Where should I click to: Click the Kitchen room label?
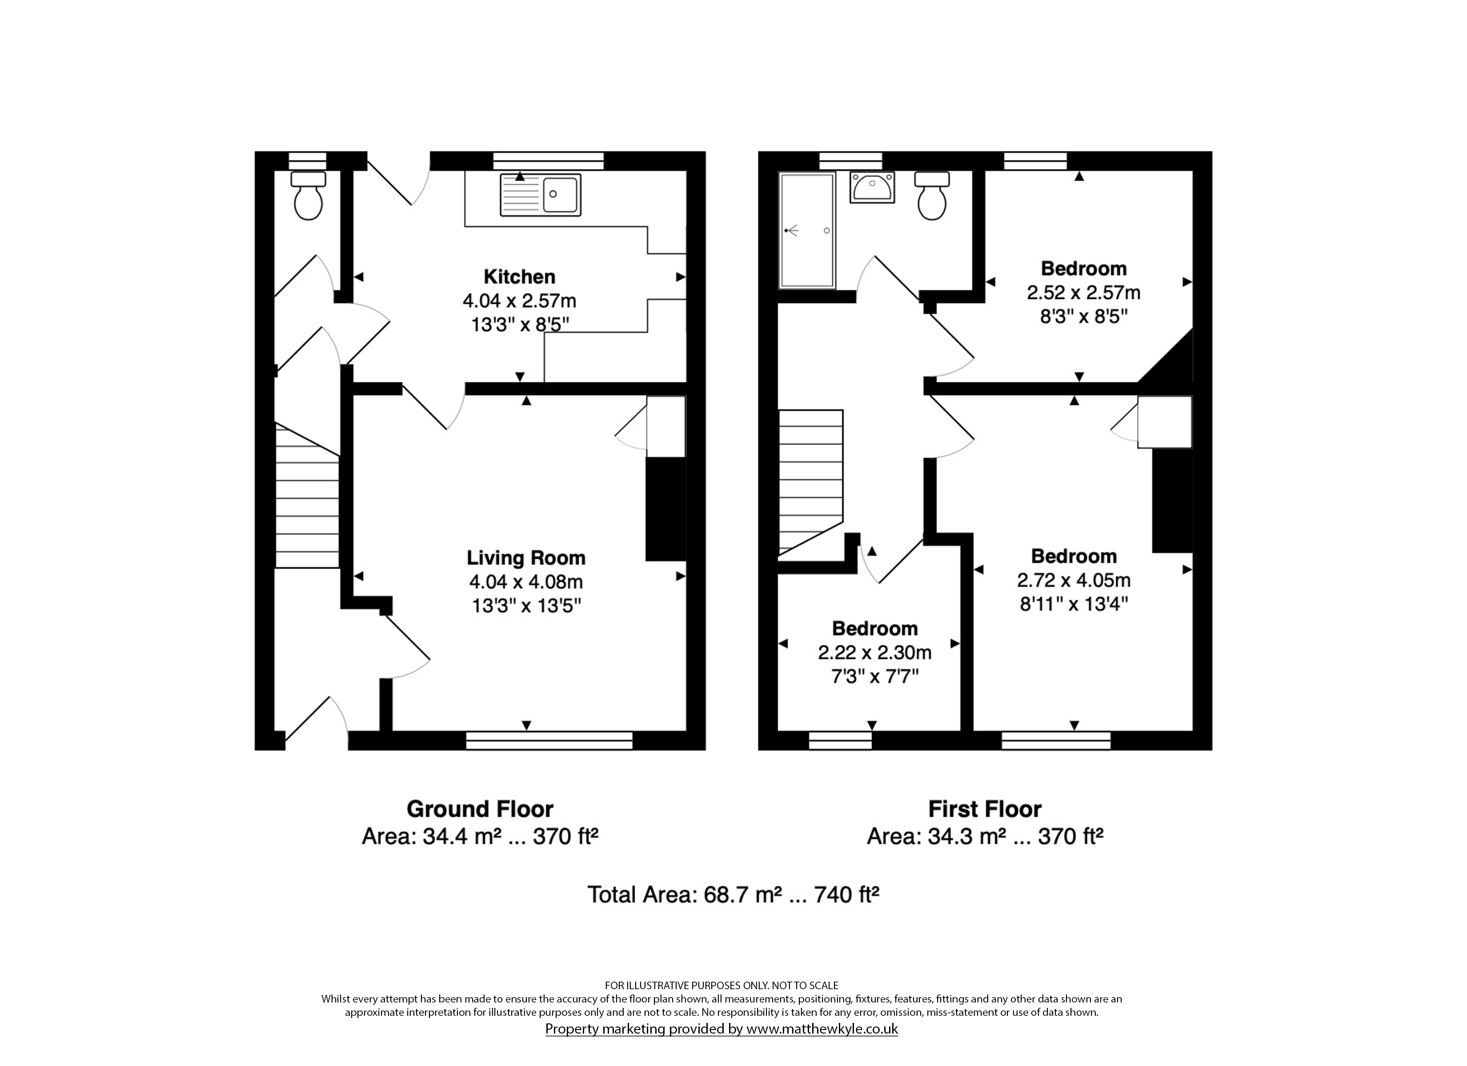[519, 277]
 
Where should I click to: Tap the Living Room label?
[526, 558]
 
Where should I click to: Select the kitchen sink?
[540, 195]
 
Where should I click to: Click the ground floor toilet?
[308, 195]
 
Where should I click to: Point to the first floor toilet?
[932, 195]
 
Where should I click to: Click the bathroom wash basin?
[872, 187]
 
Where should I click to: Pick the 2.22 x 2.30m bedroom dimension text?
[874, 652]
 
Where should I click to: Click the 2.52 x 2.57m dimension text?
[1083, 293]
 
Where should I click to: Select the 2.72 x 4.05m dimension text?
[1074, 580]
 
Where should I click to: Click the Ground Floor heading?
[480, 809]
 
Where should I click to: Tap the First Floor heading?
[985, 809]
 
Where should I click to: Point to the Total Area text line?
[733, 895]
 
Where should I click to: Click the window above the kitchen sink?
[549, 161]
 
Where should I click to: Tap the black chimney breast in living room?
[665, 509]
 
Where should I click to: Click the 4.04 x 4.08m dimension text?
[526, 582]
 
